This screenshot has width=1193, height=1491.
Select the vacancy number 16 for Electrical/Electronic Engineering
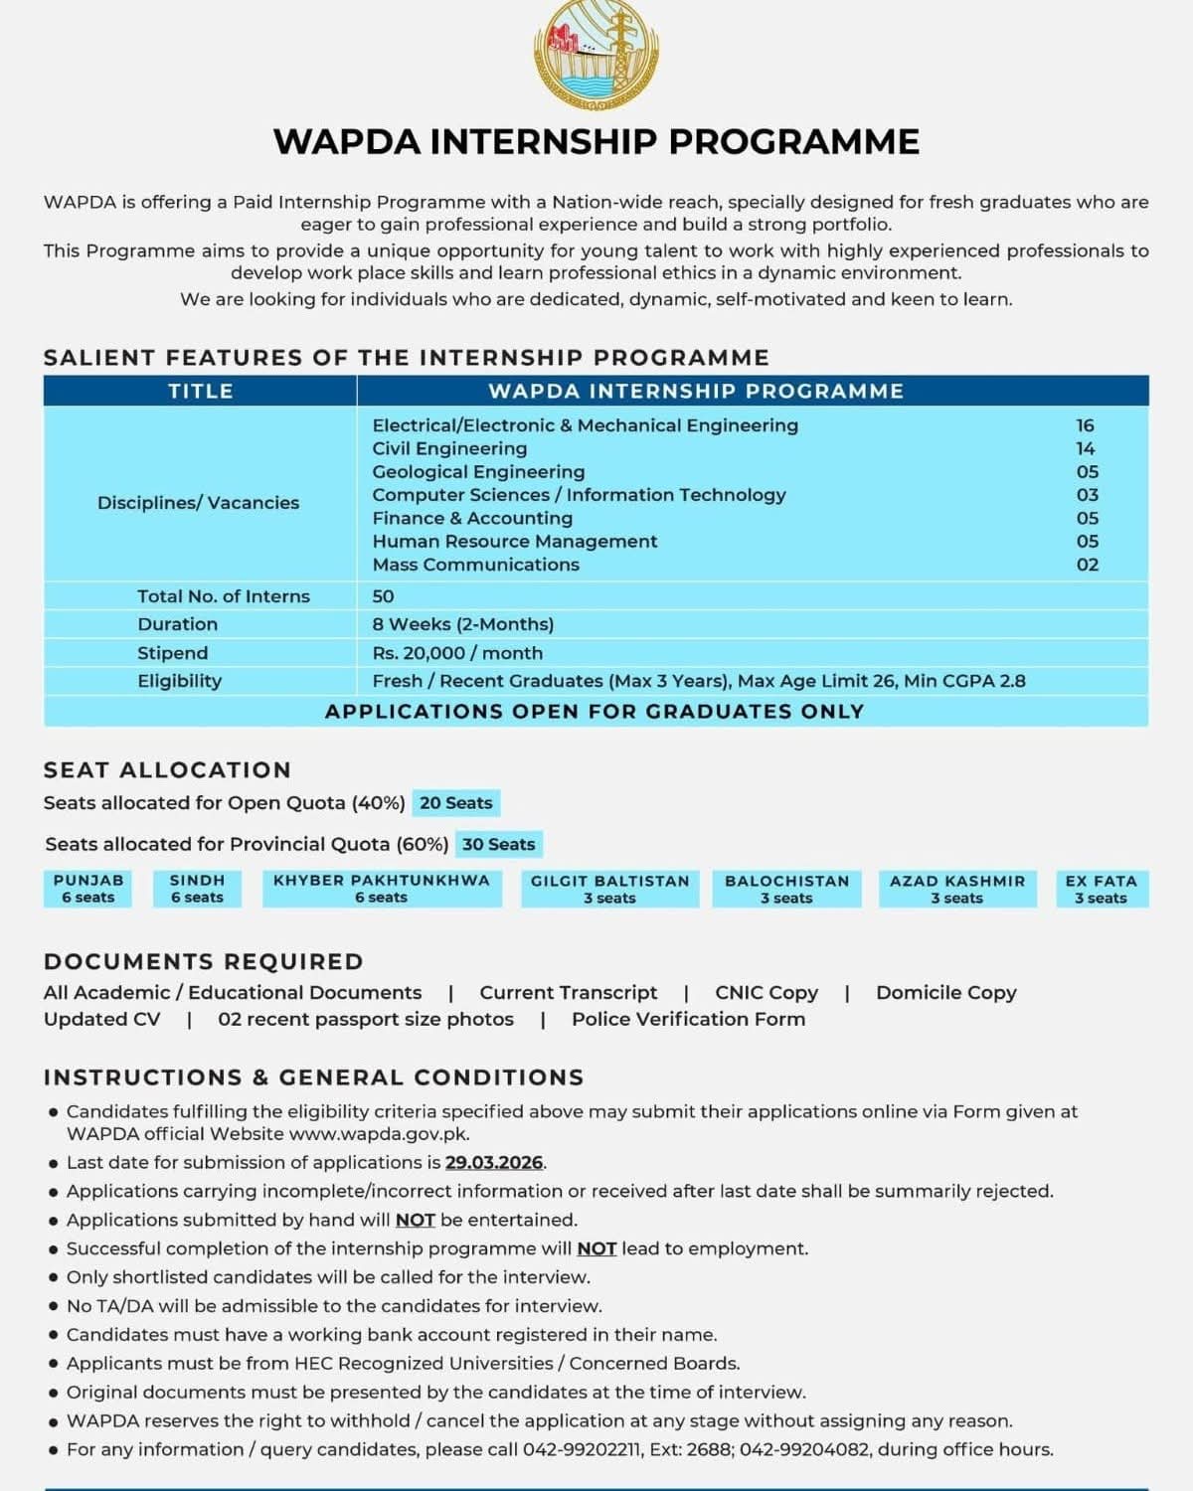pos(1085,425)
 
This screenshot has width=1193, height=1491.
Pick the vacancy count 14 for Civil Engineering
pos(1085,448)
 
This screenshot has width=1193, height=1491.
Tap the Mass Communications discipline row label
pos(475,565)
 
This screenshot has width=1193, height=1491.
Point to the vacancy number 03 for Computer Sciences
pos(1087,495)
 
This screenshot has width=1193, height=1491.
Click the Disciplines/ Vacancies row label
pos(198,503)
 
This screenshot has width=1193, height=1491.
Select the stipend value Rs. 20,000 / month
pos(457,653)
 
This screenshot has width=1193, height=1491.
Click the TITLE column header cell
pos(200,391)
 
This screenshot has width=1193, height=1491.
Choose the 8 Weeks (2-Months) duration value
pos(463,624)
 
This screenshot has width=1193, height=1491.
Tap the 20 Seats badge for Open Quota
pos(456,803)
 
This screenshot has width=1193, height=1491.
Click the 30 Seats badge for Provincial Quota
pos(499,845)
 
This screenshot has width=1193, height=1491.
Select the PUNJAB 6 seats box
pos(88,889)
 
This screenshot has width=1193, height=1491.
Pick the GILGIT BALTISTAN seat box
pos(609,889)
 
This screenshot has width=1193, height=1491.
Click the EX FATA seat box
pos(1101,889)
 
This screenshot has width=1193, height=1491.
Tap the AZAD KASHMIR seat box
pos(957,889)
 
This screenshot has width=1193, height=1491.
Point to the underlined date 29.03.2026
pos(494,1162)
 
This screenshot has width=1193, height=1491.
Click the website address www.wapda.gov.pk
pos(379,1134)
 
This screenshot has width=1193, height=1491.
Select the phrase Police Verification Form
pos(688,1019)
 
